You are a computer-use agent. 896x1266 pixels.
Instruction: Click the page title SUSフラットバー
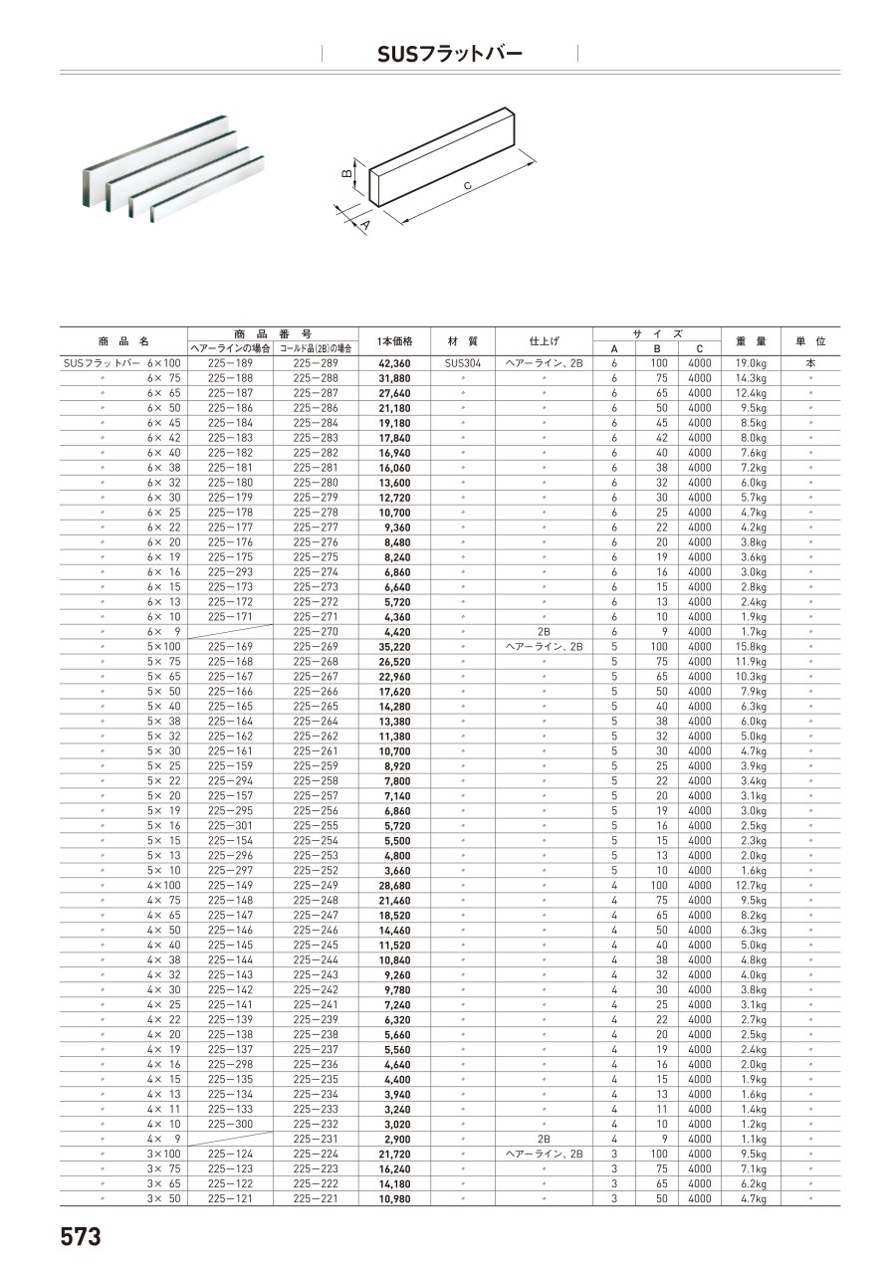449,54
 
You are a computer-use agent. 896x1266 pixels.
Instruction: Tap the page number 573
81,1237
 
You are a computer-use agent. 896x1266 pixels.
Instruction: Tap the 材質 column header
462,341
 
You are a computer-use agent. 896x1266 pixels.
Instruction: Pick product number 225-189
229,364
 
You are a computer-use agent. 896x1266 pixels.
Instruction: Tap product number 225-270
316,632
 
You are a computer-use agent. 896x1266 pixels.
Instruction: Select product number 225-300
229,1124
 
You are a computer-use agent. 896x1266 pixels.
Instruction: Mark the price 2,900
396,1139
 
